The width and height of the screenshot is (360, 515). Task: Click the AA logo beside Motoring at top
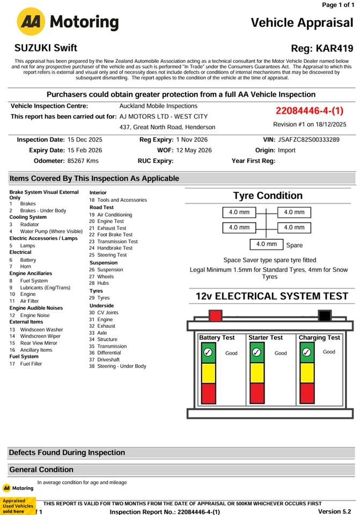pyautogui.click(x=31, y=22)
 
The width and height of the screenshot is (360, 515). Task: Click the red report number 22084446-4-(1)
pyautogui.click(x=310, y=111)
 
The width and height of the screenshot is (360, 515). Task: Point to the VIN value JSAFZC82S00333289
pyautogui.click(x=308, y=139)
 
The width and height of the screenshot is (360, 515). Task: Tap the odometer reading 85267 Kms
pyautogui.click(x=83, y=160)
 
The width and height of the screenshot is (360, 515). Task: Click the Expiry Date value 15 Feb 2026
pyautogui.click(x=85, y=150)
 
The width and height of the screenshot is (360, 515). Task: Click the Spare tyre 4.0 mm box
pyautogui.click(x=266, y=244)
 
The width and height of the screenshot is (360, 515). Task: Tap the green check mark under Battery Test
pyautogui.click(x=207, y=352)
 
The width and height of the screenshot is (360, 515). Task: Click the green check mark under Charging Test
pyautogui.click(x=307, y=352)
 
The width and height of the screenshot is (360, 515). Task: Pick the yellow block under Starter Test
pyautogui.click(x=257, y=373)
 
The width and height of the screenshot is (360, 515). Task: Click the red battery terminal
pyautogui.click(x=215, y=315)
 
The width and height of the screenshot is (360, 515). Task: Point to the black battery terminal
pyautogui.click(x=325, y=315)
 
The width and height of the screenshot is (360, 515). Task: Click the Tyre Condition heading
pyautogui.click(x=268, y=196)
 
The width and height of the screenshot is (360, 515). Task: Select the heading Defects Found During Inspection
pyautogui.click(x=67, y=452)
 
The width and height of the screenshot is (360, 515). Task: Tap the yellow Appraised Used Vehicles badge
pyautogui.click(x=18, y=506)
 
